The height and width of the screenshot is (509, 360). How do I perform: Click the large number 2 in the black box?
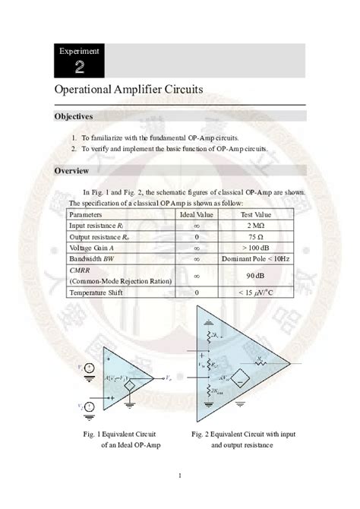click(80, 68)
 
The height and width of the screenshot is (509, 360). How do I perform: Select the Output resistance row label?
click(99, 236)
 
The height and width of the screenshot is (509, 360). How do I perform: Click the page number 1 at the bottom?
click(180, 476)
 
